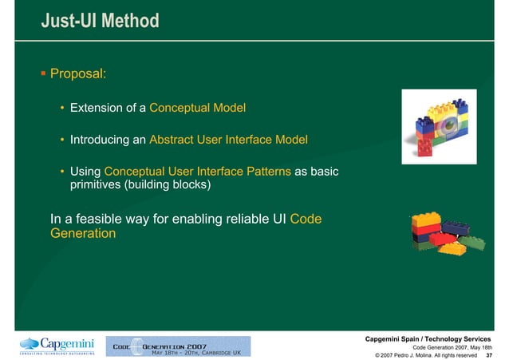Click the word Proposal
coord(78,74)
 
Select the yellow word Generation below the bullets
coord(83,234)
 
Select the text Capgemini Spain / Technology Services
coord(428,337)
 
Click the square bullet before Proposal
coord(45,74)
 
